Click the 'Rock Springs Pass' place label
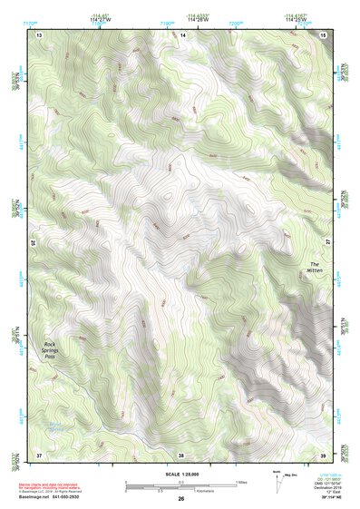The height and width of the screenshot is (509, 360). coord(56,350)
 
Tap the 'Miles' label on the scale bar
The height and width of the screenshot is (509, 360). coord(241,481)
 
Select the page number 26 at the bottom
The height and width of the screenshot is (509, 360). coord(180,499)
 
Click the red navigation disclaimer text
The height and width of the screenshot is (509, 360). coord(54,486)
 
